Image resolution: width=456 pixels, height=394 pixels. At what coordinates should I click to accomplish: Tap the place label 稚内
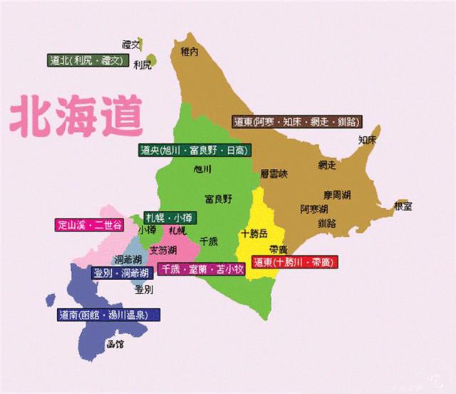point(189,51)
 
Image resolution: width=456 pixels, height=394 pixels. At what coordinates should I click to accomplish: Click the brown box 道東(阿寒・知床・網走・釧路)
point(296,122)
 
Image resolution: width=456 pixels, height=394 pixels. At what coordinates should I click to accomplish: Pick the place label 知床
point(368,140)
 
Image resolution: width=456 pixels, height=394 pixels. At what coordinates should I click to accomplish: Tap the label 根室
point(403,206)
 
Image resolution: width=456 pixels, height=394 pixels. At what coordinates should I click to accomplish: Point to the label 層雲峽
point(274,173)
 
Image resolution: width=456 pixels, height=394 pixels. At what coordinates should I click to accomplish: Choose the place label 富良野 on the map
point(218,198)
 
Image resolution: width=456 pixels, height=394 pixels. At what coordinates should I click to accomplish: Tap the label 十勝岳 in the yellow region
point(255,233)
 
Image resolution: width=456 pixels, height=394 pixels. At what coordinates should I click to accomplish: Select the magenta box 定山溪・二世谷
point(89,225)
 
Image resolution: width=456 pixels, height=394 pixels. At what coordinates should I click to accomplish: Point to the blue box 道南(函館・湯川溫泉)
point(108,314)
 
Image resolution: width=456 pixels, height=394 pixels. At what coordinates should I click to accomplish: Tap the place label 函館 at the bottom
point(114,345)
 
